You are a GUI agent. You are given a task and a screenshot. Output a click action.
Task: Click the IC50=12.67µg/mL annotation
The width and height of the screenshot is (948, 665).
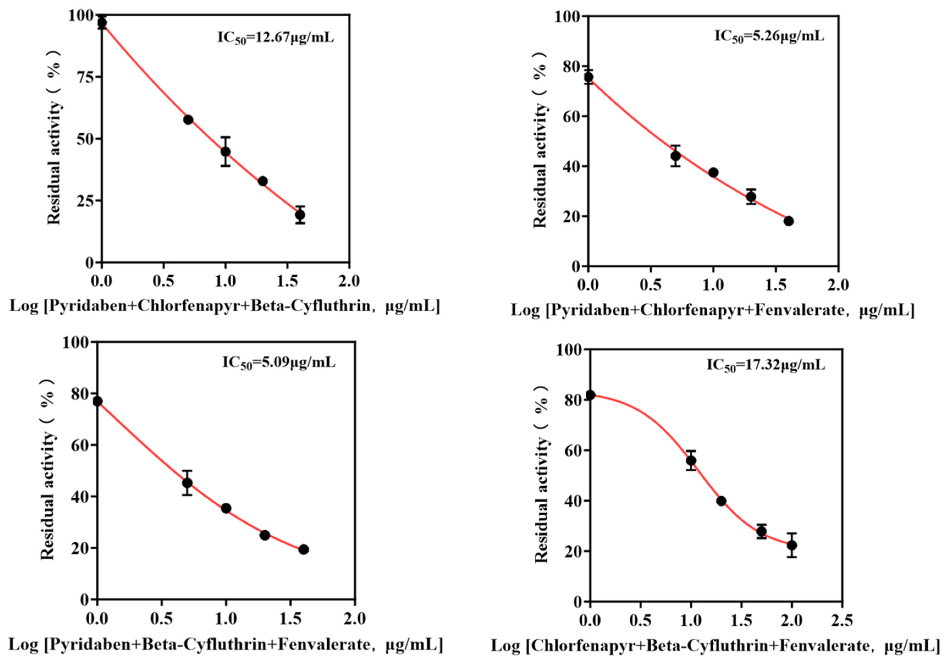coord(275,38)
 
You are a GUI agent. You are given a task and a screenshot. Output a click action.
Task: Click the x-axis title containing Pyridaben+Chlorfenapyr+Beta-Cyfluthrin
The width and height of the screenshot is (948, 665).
coord(225,306)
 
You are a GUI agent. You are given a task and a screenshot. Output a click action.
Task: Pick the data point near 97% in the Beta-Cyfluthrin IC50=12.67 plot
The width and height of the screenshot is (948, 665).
coord(102,23)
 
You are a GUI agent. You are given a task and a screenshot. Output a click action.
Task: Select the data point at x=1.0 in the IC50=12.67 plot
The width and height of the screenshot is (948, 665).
coord(225,151)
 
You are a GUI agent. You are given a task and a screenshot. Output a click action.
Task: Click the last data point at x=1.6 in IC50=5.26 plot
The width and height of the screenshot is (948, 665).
coord(789,221)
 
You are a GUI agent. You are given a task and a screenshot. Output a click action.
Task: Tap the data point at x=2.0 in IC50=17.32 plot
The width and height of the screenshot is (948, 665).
coord(792,545)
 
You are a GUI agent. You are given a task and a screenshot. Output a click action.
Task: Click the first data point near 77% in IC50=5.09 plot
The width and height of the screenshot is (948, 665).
coord(98,401)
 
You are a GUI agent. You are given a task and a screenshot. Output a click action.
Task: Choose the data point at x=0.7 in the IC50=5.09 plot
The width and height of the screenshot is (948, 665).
coord(187,483)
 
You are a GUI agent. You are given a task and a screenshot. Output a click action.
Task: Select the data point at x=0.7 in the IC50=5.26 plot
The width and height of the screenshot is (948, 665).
coord(676,156)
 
